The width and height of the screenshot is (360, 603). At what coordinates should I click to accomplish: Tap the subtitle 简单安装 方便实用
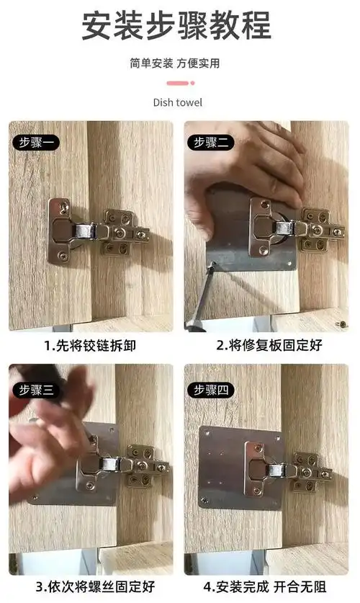[x=175, y=63]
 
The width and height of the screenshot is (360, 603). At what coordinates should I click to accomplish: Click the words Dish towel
[x=177, y=102]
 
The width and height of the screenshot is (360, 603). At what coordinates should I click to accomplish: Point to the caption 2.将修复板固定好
[x=266, y=346]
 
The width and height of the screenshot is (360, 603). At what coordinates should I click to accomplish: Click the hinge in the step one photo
[x=97, y=231]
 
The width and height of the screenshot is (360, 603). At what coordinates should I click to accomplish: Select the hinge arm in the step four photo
[x=288, y=471]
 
